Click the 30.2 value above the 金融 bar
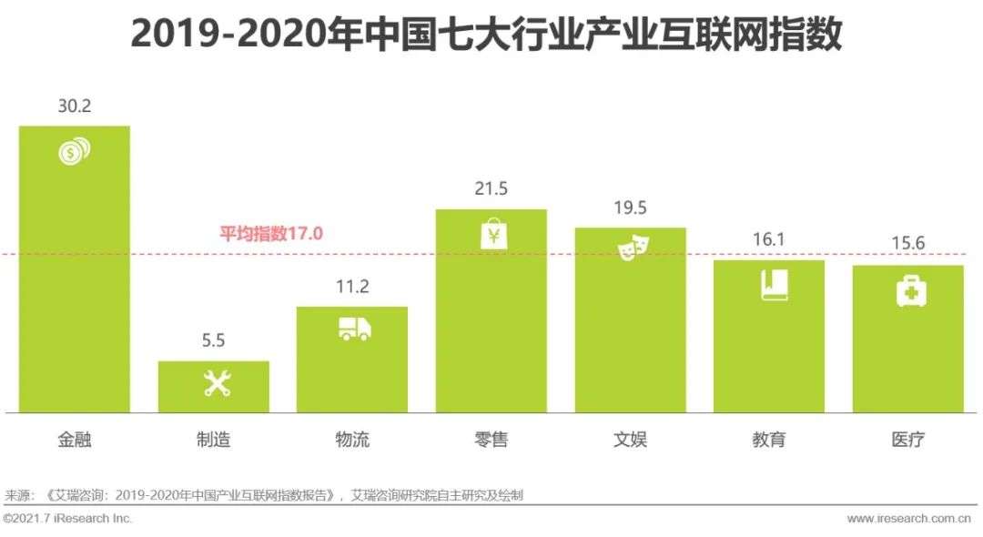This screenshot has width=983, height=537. pos(75,106)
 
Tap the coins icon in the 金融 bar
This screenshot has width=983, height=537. pos(75,151)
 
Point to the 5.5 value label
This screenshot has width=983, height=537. pos(214,341)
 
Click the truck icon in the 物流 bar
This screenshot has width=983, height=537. pos(354,329)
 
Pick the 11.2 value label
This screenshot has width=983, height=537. pos(352,287)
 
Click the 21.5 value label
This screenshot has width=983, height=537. pos(491,189)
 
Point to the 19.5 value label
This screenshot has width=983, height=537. pos(630,208)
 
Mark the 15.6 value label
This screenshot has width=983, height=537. pos(907,246)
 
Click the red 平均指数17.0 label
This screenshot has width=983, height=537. pos(271,233)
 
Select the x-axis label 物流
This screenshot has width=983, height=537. pos(352,441)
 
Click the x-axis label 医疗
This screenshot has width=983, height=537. pos(908,441)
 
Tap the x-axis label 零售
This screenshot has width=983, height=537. pos(491,441)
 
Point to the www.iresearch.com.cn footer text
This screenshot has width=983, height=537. pos(911,519)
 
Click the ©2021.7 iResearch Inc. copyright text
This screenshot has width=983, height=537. pos(68,519)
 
